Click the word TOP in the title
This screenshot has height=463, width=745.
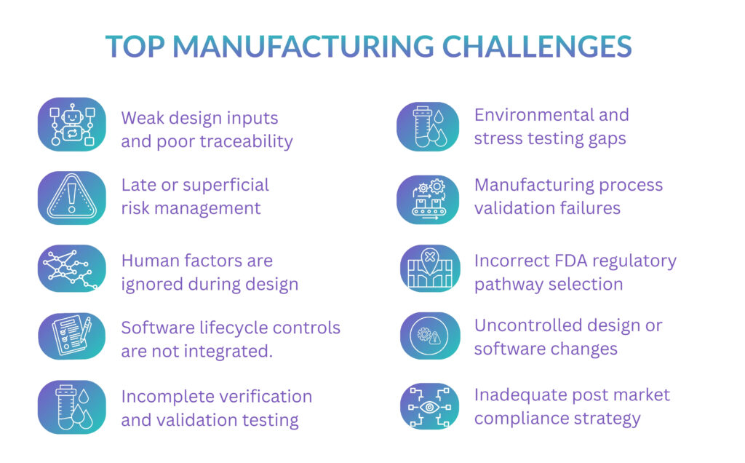pyautogui.click(x=135, y=47)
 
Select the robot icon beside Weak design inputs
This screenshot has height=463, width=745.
pyautogui.click(x=71, y=124)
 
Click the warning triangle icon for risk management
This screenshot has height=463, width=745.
pyautogui.click(x=71, y=197)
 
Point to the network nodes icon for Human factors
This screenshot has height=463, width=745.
pyautogui.click(x=71, y=268)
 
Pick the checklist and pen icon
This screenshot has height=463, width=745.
pyautogui.click(x=71, y=336)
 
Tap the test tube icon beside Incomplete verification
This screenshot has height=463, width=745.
pyautogui.click(x=71, y=406)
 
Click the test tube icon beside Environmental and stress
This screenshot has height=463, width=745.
pyautogui.click(x=428, y=127)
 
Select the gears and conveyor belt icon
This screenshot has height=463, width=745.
pyautogui.click(x=428, y=197)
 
